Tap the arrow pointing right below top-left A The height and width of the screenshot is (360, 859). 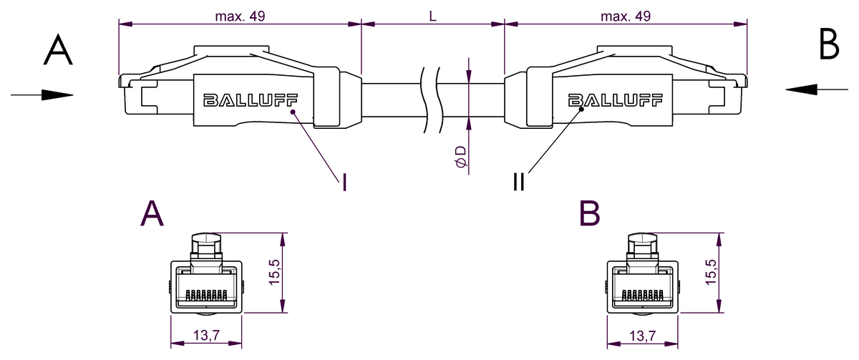coord(42,94)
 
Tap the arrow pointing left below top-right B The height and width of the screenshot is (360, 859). coord(815,89)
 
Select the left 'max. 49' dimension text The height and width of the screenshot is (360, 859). coord(240,16)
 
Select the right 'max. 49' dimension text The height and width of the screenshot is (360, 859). coord(626,16)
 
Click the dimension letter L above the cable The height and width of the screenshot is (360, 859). coord(433,16)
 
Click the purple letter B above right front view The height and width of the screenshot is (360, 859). coord(590,213)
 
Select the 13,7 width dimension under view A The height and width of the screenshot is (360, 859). coord(205,335)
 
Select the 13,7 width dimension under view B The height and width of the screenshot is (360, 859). coord(642,335)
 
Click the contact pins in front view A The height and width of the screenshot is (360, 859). coord(205,294)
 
